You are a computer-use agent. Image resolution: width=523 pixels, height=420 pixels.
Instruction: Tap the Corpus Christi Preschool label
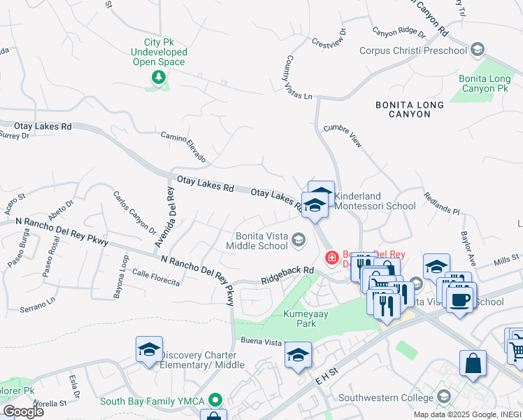point(413,50)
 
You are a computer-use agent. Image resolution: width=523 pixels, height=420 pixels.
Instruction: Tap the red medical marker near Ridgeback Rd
point(331,258)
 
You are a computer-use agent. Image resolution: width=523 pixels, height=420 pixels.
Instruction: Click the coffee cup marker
point(459,300)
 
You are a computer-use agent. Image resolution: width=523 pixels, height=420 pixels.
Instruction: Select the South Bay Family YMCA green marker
point(216,401)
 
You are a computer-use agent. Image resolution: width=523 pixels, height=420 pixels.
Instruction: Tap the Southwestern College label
point(385,398)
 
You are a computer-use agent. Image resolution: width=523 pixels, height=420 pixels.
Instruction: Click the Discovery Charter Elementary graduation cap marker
point(149,350)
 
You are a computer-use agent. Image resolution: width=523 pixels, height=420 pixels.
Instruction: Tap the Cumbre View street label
point(343,136)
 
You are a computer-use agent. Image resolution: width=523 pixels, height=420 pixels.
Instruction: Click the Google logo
point(22,411)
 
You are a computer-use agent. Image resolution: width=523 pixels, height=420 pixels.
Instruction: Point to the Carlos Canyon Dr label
point(134,212)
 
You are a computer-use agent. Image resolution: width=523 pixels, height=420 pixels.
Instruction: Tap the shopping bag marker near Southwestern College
point(473,363)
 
